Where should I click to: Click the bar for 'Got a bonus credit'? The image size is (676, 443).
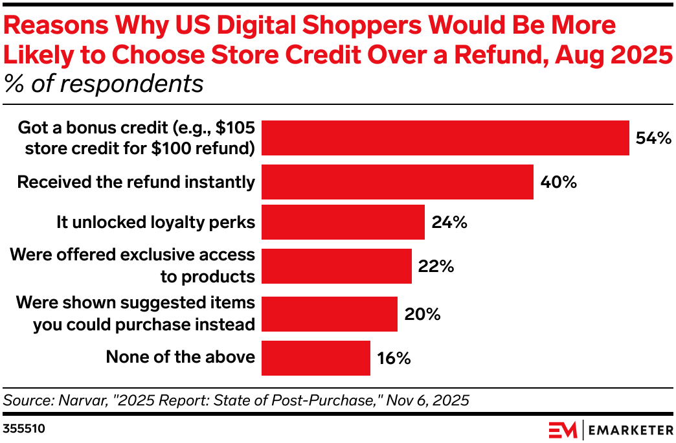point(445,138)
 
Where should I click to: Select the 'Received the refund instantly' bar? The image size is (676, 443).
point(398,182)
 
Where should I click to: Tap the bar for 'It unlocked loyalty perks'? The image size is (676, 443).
point(343,222)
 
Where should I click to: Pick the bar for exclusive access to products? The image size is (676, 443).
point(337,266)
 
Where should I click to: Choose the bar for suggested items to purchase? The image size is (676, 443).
point(330,314)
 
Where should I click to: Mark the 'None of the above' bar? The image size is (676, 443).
point(316,358)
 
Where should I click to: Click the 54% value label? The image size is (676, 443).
point(653,138)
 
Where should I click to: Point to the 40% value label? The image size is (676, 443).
point(558,182)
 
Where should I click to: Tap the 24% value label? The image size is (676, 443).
point(449,222)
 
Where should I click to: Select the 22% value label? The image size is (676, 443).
point(436,266)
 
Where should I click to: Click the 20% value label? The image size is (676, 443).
point(422,314)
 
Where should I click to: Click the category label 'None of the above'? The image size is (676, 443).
point(180,357)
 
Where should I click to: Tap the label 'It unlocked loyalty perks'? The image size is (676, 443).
point(155,222)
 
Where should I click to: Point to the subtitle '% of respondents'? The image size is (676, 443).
point(104,84)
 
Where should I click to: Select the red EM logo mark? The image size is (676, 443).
point(562,429)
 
